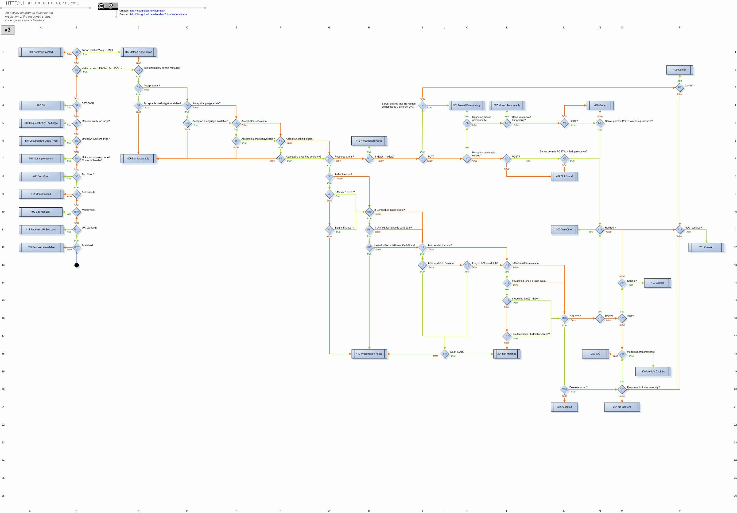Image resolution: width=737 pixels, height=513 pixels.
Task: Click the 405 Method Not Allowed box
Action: coord(138,52)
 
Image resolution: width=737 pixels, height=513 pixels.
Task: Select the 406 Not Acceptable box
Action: coord(138,159)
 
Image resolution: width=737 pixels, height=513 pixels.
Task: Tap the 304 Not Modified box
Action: coord(507,354)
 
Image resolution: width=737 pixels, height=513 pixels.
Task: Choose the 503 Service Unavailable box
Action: coord(41,247)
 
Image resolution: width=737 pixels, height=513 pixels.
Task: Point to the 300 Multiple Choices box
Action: coord(653,371)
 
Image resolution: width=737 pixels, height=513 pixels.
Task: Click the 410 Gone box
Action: coord(600,105)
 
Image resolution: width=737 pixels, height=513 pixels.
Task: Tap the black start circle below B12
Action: coord(76,265)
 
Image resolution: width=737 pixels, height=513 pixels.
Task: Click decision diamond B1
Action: coord(76,52)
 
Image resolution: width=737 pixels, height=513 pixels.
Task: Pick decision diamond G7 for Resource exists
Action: coord(329,159)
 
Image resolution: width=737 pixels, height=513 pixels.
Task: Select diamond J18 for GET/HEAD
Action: coord(445,354)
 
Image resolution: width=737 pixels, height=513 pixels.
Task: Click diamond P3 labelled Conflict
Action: coord(679,88)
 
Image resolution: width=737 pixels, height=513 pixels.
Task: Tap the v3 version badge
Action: coord(7,30)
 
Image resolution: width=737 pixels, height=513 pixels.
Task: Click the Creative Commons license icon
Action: coord(108,6)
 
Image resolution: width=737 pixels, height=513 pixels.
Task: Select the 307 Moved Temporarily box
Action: coord(507,105)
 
